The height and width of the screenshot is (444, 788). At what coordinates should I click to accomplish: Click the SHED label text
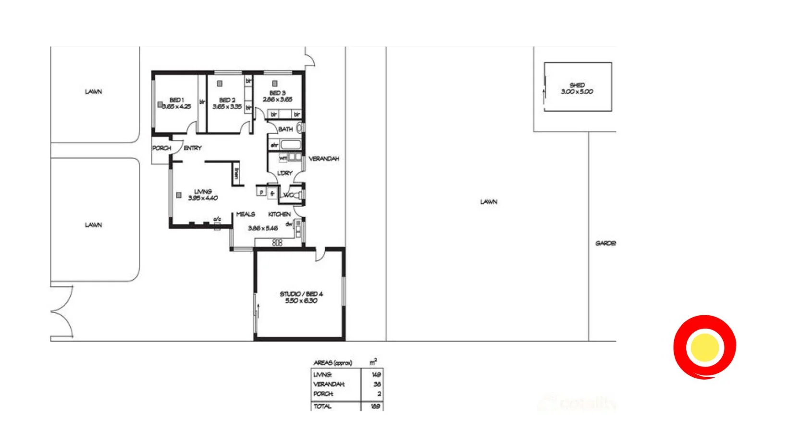click(577, 85)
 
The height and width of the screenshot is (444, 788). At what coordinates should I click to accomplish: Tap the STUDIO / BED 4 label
click(301, 294)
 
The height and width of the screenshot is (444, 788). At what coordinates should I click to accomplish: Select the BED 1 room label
click(176, 100)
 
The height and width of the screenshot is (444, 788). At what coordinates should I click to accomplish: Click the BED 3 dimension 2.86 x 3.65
click(277, 99)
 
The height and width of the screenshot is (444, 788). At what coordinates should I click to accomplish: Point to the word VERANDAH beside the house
click(324, 159)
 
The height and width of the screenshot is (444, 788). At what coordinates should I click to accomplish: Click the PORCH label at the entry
click(161, 148)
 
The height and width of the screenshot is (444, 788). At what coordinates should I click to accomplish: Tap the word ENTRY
click(193, 148)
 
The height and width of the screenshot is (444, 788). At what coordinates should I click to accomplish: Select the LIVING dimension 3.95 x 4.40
click(203, 198)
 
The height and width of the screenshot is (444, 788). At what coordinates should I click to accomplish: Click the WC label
click(289, 195)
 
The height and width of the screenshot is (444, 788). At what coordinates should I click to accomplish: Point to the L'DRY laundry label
click(285, 173)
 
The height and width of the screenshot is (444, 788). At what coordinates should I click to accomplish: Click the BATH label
click(285, 129)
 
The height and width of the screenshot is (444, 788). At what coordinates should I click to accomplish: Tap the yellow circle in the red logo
click(704, 347)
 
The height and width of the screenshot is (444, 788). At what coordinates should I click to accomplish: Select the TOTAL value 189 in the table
click(375, 406)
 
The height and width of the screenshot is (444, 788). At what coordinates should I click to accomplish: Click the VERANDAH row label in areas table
click(329, 384)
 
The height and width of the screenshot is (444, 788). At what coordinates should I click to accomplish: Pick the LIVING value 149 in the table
click(376, 374)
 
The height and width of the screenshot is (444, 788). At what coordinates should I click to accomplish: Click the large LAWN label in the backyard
click(489, 202)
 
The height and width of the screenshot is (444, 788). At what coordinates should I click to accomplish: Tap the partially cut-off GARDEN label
click(605, 244)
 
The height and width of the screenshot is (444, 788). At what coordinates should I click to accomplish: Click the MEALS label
click(246, 214)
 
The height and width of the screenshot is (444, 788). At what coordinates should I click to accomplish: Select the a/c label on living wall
click(217, 220)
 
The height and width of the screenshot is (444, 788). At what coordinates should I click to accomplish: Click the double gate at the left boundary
click(62, 312)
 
